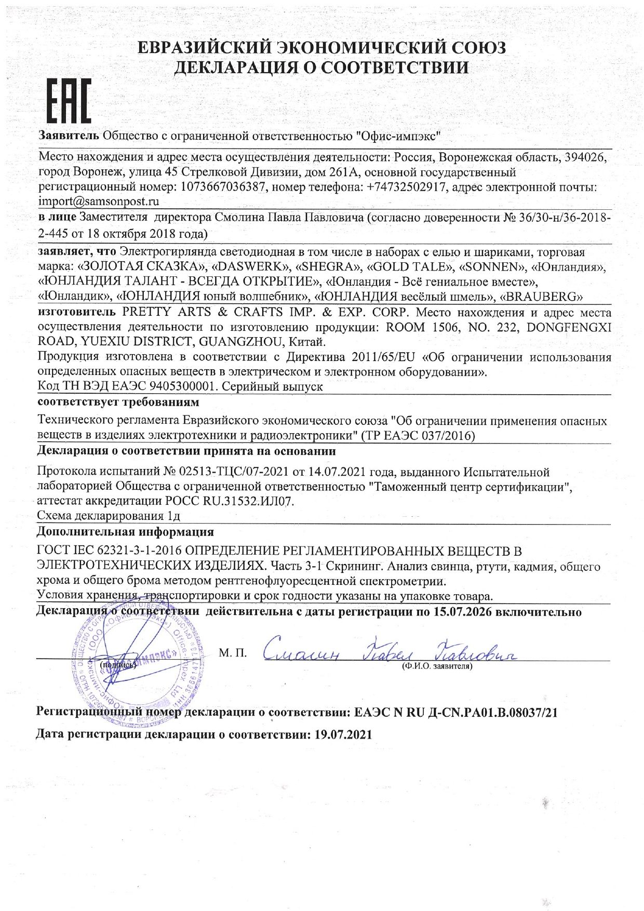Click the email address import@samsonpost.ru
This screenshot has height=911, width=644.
(x=99, y=202)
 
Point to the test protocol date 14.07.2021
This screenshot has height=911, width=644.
(x=337, y=472)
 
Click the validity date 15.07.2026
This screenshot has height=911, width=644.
(x=461, y=612)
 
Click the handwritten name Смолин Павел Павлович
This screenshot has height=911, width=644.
(x=390, y=652)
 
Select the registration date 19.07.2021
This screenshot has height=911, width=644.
(x=341, y=735)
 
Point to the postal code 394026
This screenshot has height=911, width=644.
(x=582, y=157)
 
